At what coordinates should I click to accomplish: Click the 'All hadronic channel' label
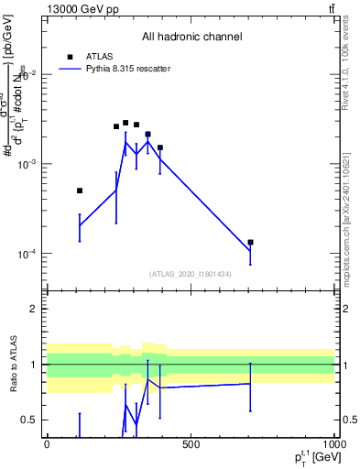pyautogui.click(x=191, y=38)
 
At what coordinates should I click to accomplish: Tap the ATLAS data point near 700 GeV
pyautogui.click(x=250, y=243)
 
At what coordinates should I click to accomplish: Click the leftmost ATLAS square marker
pyautogui.click(x=80, y=191)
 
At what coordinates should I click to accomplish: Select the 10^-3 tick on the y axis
pyautogui.click(x=27, y=164)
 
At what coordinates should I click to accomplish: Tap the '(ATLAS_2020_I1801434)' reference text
pyautogui.click(x=191, y=274)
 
